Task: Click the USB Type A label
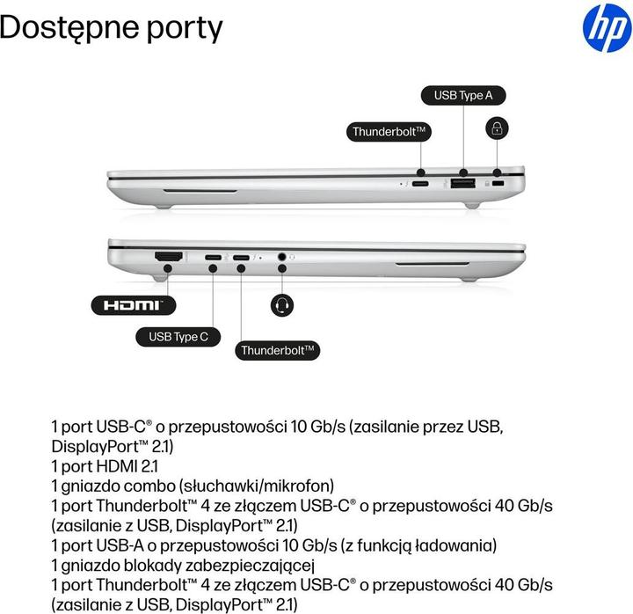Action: coord(463,95)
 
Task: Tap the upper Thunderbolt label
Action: coord(389,131)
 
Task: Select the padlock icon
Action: coord(498,129)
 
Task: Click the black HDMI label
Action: coord(133,305)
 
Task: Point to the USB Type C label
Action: coord(178,336)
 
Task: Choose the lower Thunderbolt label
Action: coord(278,350)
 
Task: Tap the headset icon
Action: coord(282,304)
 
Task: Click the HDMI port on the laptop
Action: coord(168,257)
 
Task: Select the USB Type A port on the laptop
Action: coord(462,184)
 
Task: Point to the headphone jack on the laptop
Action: coord(283,258)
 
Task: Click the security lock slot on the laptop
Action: coord(500,185)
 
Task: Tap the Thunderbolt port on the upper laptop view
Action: coord(421,185)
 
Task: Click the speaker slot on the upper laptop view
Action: coord(200,189)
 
